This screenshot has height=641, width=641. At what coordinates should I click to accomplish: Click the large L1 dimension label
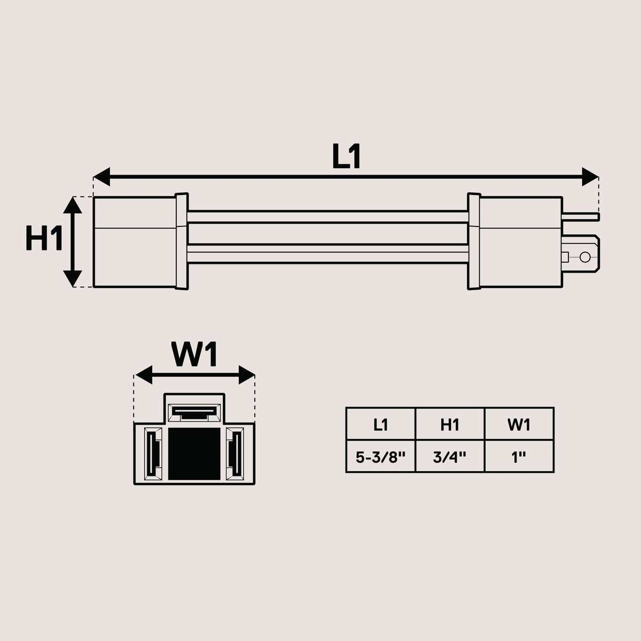(346, 157)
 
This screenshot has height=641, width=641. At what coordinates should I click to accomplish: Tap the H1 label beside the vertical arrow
(44, 238)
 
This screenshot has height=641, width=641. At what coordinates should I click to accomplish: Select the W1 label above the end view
(194, 354)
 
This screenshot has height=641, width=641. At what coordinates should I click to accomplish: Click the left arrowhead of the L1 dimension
(102, 177)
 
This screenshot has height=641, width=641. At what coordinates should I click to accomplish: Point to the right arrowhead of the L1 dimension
(590, 177)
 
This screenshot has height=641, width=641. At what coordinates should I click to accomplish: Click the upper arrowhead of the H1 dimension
(73, 205)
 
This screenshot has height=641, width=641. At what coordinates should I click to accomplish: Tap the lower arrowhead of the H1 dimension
(73, 278)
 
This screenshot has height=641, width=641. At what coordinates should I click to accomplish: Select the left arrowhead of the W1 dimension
(144, 375)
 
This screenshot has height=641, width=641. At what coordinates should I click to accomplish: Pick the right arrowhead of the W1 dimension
(247, 375)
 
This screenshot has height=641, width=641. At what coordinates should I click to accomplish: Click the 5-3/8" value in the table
(380, 458)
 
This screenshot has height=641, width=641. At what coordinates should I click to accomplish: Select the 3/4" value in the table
(450, 458)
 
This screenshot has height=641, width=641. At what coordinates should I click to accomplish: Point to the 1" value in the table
(519, 458)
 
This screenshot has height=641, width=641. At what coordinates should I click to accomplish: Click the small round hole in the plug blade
(585, 257)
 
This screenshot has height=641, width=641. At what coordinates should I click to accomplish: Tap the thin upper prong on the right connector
(581, 217)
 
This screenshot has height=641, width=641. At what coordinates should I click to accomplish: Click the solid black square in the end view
(194, 454)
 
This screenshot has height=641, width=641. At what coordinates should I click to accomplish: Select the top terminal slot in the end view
(194, 413)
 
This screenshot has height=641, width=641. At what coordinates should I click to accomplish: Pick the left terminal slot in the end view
(153, 454)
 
